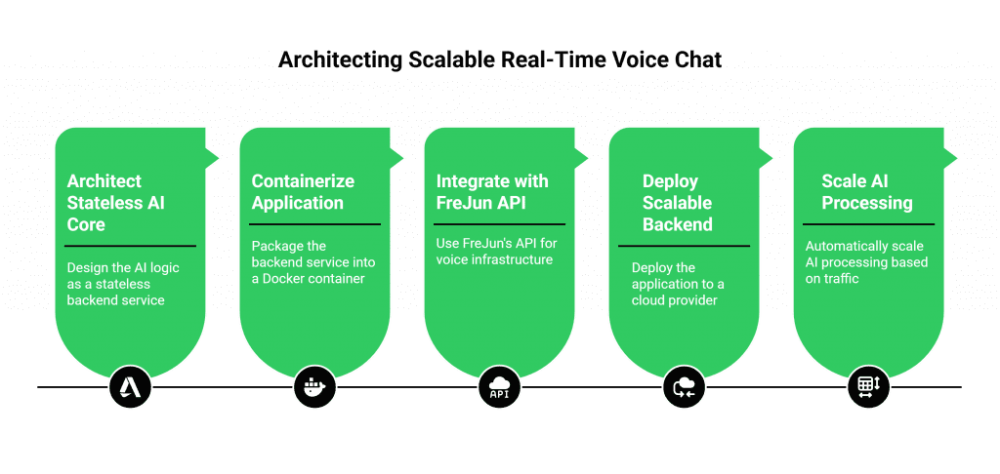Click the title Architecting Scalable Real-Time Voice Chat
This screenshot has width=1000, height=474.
[x=500, y=60]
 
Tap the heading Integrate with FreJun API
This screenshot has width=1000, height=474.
[x=492, y=192]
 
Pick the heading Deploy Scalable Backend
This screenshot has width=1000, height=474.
[x=677, y=203]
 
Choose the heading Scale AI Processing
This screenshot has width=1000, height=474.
[x=866, y=192]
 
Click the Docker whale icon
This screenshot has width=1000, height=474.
[x=313, y=387]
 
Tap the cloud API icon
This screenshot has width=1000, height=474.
[x=498, y=387]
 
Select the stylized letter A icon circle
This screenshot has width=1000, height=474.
[x=129, y=387]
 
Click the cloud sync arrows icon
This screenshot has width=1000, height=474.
[x=683, y=387]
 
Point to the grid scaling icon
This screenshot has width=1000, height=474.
[x=867, y=387]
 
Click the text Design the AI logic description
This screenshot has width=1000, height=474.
[x=122, y=283]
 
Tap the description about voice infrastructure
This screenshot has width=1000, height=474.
[x=494, y=252]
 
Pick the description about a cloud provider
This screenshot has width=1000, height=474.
[x=677, y=284]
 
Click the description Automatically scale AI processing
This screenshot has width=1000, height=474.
[x=865, y=262]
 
